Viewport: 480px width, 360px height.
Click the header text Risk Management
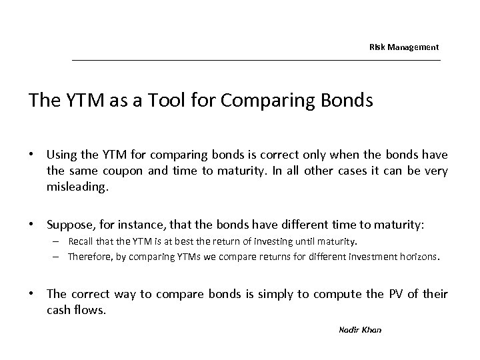[404, 47]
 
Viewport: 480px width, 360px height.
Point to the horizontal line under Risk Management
[256, 61]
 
